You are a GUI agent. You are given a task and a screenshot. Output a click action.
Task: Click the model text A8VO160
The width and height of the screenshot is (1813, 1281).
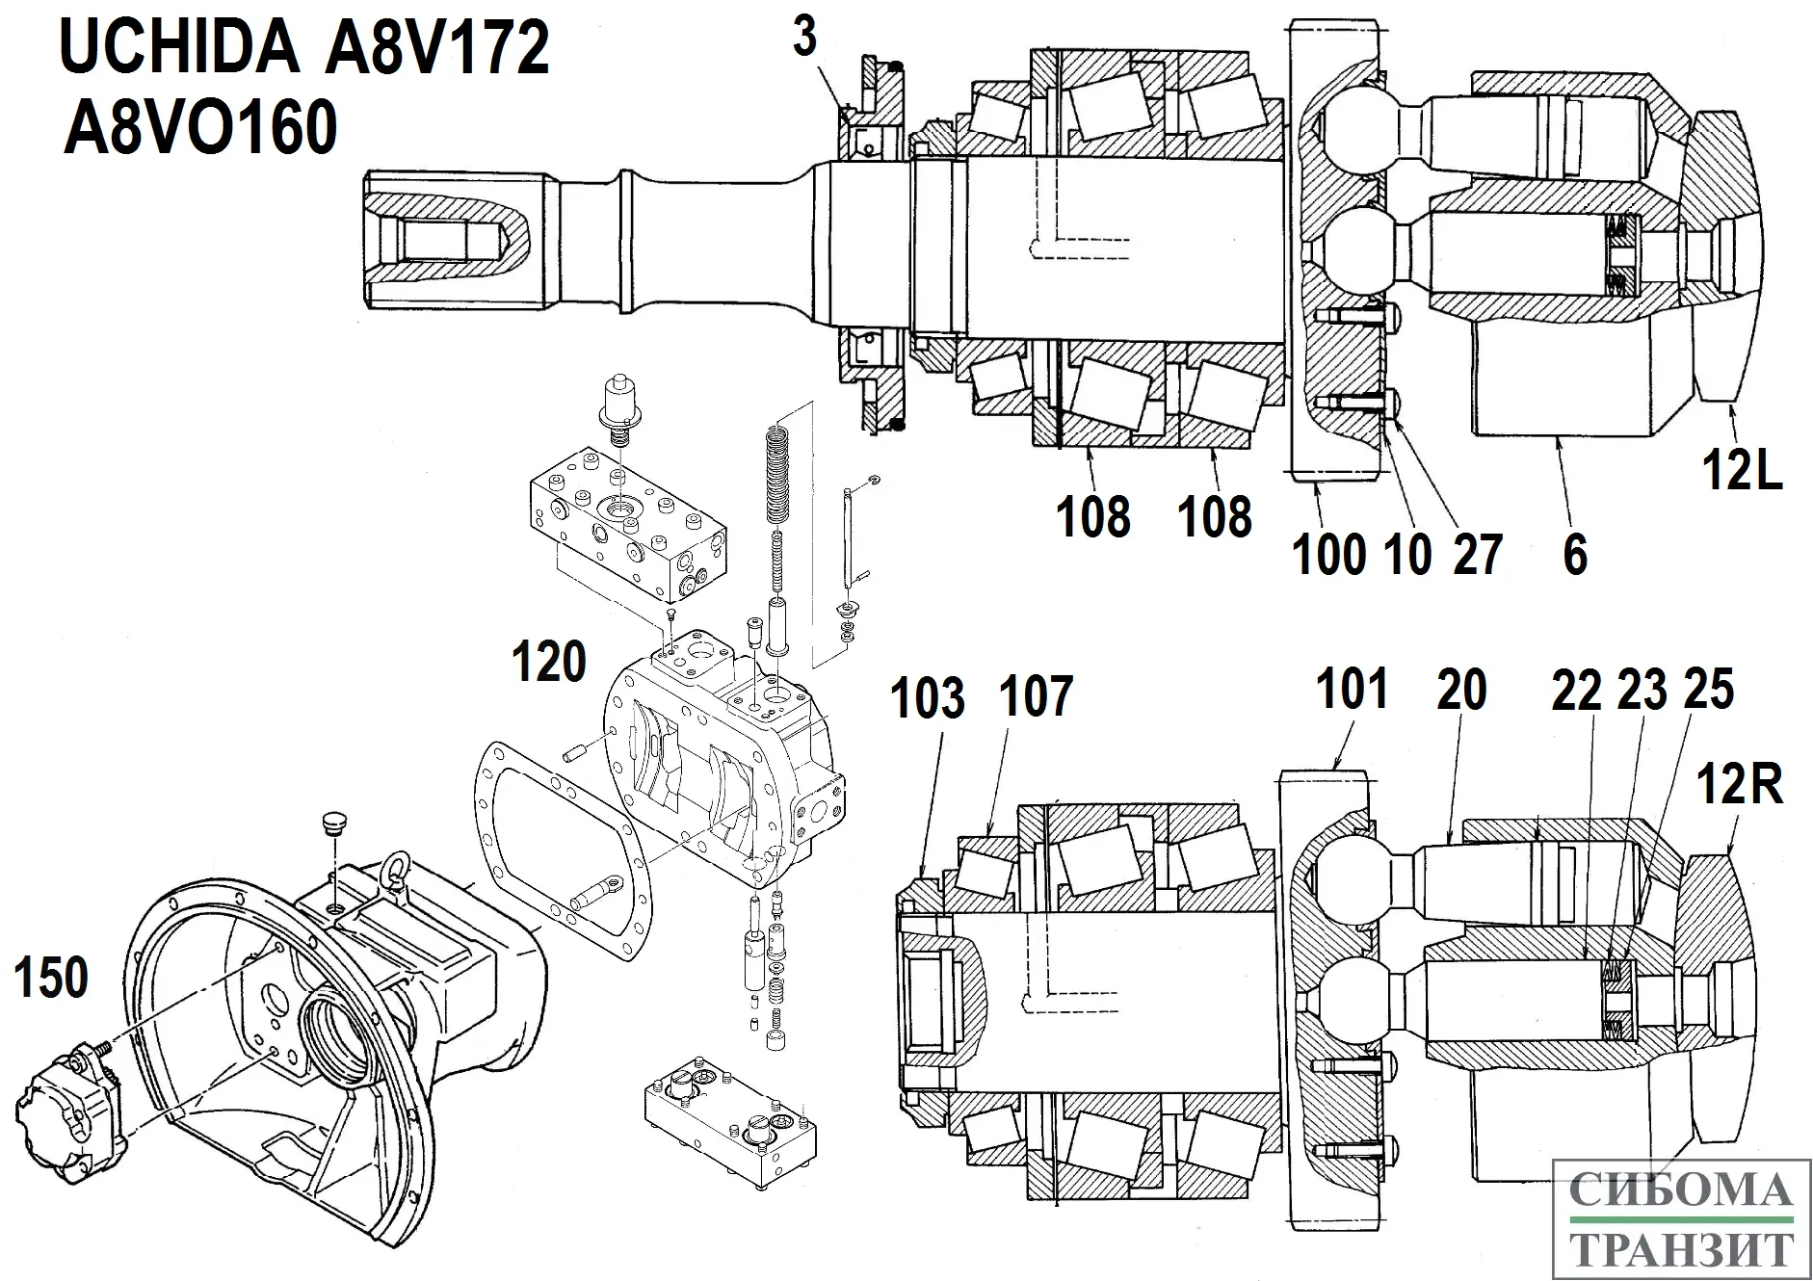coord(200,128)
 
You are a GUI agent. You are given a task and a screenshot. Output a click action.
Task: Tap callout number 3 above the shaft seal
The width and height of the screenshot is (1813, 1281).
coord(804,39)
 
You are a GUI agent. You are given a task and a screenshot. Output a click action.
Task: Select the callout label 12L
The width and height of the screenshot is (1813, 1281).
coord(1742,472)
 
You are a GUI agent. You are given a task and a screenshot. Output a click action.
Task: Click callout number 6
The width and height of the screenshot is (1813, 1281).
coord(1574,556)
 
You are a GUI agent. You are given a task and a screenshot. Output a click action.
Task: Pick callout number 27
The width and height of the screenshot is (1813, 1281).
coord(1478,556)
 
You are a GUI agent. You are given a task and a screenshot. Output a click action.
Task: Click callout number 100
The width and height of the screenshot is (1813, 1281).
coord(1328,556)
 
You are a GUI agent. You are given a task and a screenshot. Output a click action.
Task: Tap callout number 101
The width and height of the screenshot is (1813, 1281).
coord(1352,689)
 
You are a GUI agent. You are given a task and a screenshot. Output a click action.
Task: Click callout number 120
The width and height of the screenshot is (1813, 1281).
coord(548,663)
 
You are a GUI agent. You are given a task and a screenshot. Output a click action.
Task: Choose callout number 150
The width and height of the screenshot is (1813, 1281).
coord(51,979)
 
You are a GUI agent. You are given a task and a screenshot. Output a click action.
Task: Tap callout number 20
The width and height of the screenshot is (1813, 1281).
coord(1461,691)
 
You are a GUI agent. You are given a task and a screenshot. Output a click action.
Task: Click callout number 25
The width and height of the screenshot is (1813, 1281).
coord(1709,690)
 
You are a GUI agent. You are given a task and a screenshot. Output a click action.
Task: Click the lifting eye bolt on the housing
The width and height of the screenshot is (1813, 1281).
coord(394,870)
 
